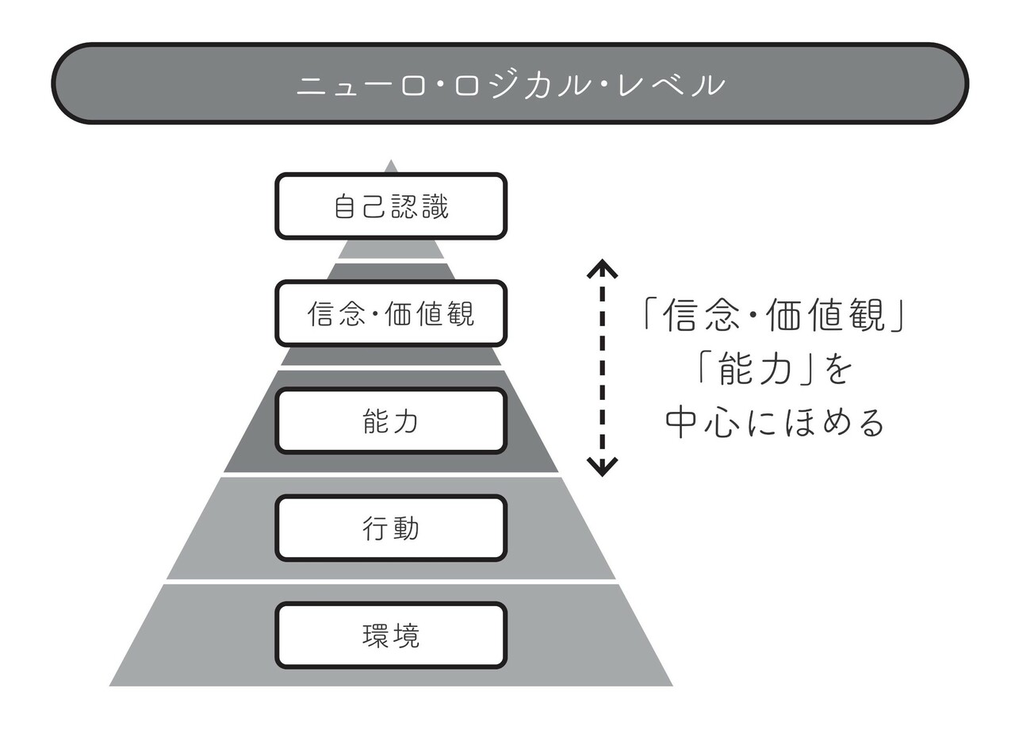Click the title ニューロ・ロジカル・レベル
(510, 84)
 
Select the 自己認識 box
(391, 206)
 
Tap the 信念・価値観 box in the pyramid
(391, 314)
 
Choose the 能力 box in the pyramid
(391, 421)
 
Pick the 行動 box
(391, 528)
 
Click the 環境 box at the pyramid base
(391, 636)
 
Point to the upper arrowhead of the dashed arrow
(602, 267)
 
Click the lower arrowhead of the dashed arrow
(602, 467)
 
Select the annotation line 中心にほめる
(774, 422)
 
